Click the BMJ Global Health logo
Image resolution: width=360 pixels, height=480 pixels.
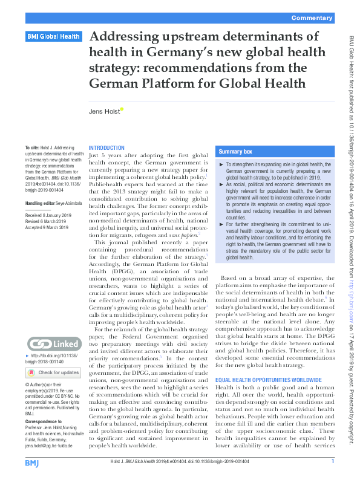pyautogui.click(x=53, y=37)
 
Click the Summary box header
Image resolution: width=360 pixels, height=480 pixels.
pyautogui.click(x=236, y=151)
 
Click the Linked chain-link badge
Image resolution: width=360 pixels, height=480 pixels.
pyautogui.click(x=53, y=345)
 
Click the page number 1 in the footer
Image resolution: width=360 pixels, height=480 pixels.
pyautogui.click(x=333, y=462)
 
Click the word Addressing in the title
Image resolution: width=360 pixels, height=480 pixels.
pyautogui.click(x=120, y=37)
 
